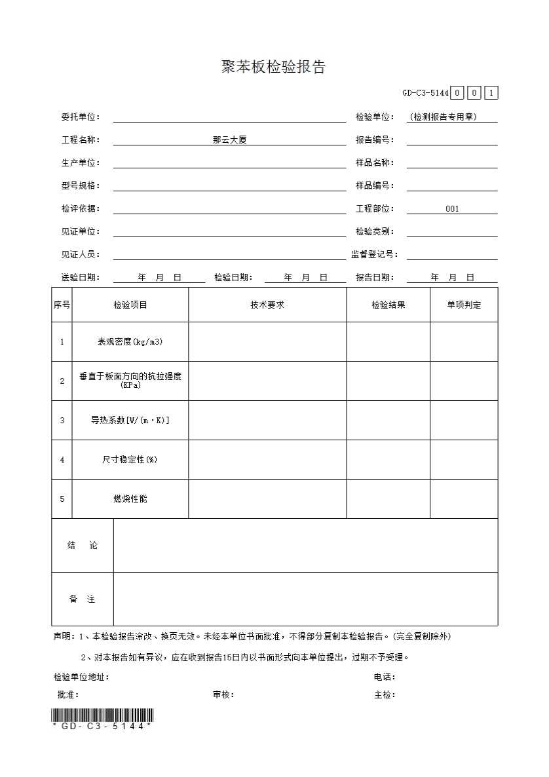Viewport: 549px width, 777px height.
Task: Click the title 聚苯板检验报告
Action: pyautogui.click(x=273, y=67)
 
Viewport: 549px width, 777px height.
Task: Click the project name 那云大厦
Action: pyautogui.click(x=229, y=140)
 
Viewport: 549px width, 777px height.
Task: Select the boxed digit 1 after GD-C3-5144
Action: pyautogui.click(x=491, y=92)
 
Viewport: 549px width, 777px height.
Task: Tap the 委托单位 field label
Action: pyautogui.click(x=81, y=117)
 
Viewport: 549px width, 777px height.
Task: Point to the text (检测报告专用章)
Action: pyautogui.click(x=444, y=117)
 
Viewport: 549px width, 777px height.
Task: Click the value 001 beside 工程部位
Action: pyautogui.click(x=452, y=209)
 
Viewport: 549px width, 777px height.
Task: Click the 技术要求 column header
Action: pyautogui.click(x=267, y=305)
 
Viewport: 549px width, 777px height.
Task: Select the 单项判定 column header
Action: pyautogui.click(x=464, y=305)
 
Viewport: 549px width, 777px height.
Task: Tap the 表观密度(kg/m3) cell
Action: pyautogui.click(x=130, y=341)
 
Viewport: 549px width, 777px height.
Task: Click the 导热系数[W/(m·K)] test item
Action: pyautogui.click(x=130, y=420)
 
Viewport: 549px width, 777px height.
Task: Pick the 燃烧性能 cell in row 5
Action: pyautogui.click(x=130, y=499)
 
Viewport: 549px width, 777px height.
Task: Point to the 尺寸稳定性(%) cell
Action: pyautogui.click(x=130, y=459)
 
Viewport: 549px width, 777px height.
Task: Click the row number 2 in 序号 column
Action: pyautogui.click(x=62, y=381)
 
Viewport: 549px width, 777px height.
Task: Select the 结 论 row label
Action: pyautogui.click(x=83, y=545)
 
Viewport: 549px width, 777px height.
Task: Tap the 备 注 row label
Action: pyautogui.click(x=83, y=599)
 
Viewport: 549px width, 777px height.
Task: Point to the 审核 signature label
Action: pyautogui.click(x=223, y=694)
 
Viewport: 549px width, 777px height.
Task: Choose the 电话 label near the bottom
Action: pyautogui.click(x=385, y=677)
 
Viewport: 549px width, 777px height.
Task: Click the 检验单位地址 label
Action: pyautogui.click(x=81, y=677)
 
